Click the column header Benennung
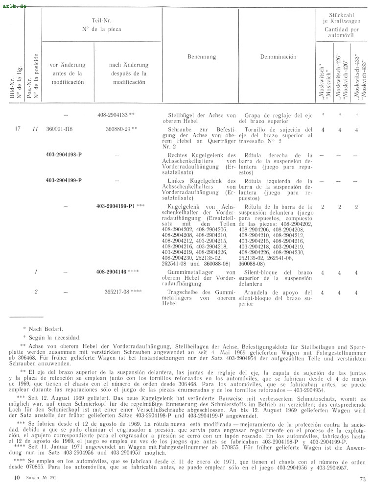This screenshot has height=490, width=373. (x=202, y=57)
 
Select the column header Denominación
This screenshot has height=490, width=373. (x=278, y=57)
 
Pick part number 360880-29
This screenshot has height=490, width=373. (x=118, y=129)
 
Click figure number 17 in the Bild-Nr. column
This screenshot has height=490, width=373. (x=18, y=129)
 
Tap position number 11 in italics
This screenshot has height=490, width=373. (x=35, y=129)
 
